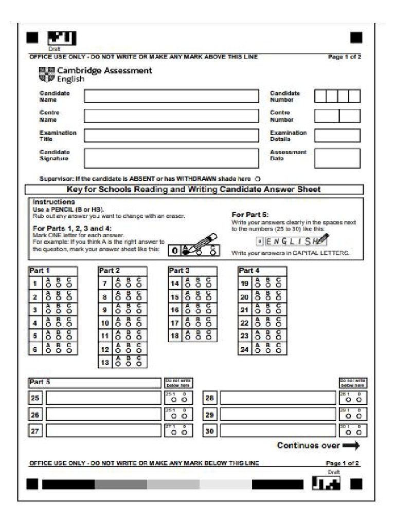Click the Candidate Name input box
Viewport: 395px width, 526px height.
coord(171,96)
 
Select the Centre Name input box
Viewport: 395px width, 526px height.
coord(171,116)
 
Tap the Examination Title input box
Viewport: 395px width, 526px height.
coord(171,136)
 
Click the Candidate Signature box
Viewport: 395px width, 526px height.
coord(171,158)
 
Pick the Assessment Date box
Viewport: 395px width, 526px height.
coord(337,158)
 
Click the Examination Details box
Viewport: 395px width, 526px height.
coord(337,136)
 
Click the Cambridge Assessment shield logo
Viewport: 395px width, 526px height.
coord(47,74)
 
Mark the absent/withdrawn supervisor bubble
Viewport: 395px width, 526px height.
coord(257,179)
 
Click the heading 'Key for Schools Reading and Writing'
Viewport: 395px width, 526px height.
coord(193,190)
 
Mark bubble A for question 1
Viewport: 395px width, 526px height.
coord(48,285)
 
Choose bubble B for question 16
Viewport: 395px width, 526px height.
coord(198,311)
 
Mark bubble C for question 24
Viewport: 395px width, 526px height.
coord(278,351)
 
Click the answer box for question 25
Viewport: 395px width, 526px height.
coord(103,398)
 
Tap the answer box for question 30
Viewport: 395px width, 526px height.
coord(278,431)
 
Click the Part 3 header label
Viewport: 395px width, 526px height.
coord(180,271)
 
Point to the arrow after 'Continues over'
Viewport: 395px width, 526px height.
coord(351,446)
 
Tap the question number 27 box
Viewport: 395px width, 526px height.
coord(35,431)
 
